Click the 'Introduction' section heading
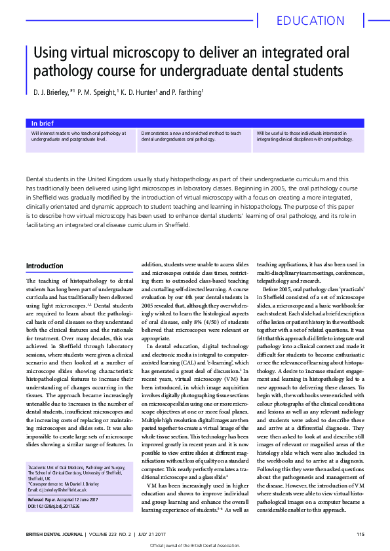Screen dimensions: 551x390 (45, 266)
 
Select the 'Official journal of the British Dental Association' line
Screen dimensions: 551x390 (195, 544)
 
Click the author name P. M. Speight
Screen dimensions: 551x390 (97, 92)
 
